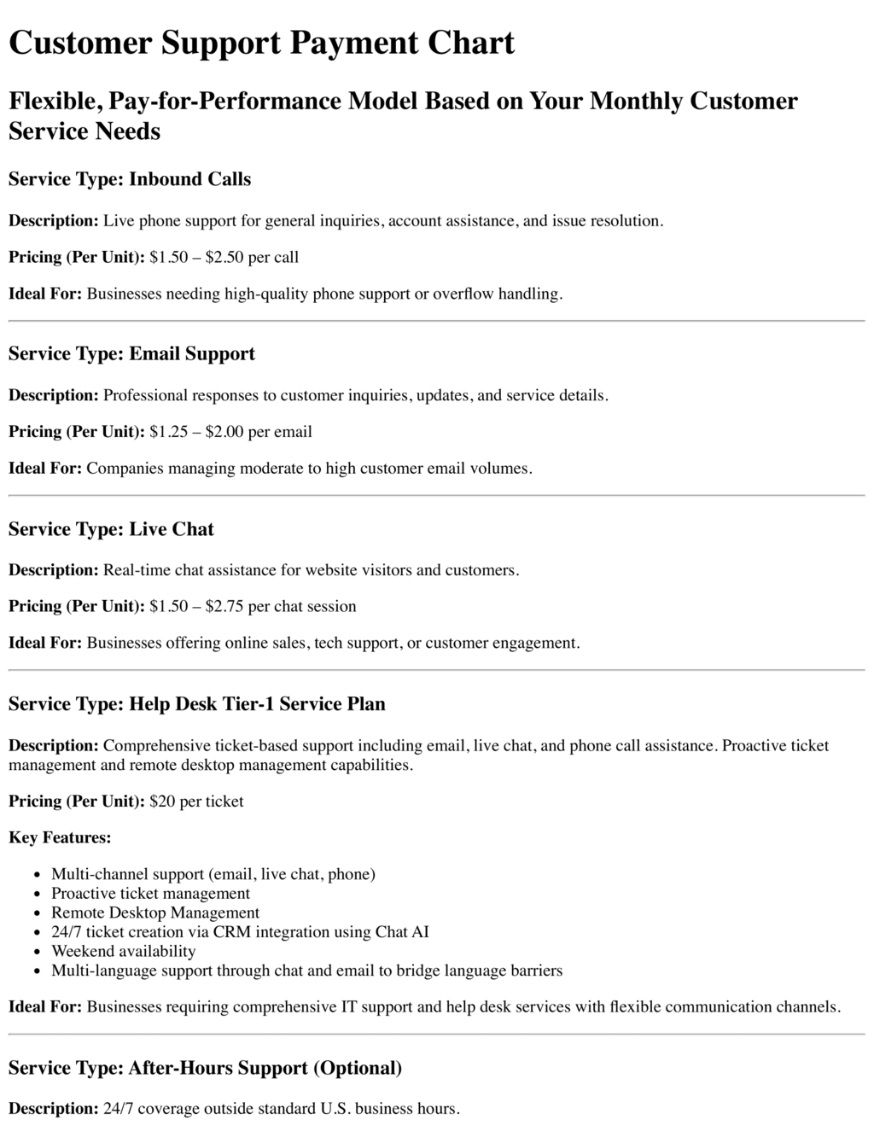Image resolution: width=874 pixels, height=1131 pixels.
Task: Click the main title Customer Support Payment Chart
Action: pos(261,43)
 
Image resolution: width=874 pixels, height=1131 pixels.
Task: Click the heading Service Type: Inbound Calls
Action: pos(130,179)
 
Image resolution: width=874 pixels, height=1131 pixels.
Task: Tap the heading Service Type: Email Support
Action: pos(131,353)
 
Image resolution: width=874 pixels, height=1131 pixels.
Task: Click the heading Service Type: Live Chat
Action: pos(111,529)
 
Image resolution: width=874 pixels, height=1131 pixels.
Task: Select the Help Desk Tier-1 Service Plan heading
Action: pos(197,704)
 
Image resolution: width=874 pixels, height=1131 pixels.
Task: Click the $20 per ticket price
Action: pos(196,802)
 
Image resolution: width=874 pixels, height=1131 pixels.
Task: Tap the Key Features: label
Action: pos(60,837)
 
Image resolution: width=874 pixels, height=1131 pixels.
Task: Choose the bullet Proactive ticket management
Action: pos(150,894)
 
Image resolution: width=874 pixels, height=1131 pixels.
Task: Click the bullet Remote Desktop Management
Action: pos(155,912)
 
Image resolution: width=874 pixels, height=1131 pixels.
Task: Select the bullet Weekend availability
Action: pos(123,951)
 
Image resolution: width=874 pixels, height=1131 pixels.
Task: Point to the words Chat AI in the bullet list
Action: pos(402,932)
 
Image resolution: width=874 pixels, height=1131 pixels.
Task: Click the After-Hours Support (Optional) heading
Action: pos(205,1068)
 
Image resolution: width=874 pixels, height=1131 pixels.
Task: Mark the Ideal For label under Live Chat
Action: pos(45,643)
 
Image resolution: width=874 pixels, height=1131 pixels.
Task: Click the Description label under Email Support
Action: pos(53,395)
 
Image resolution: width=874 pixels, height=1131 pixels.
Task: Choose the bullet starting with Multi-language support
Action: pos(306,971)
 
